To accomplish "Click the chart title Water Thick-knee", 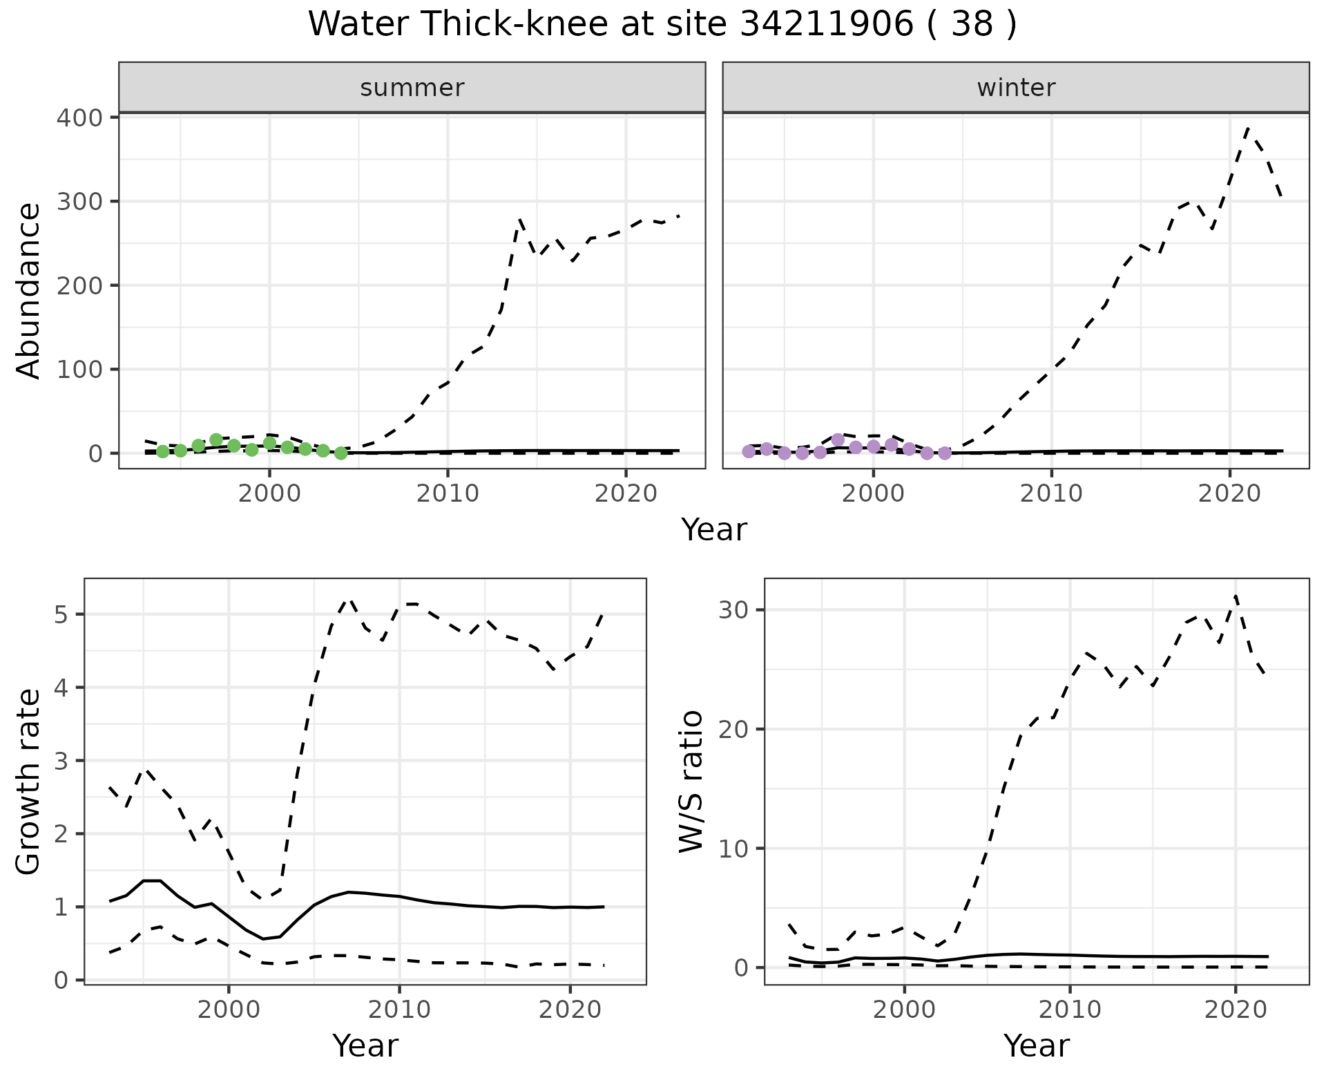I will coord(662,25).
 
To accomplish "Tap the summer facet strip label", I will coord(412,88).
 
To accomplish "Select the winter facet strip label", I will coord(1016,88).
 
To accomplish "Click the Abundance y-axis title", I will coord(29,291).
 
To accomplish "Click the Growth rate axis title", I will coord(29,782).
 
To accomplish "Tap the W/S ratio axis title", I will coord(691,782).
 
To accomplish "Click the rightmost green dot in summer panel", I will coord(340,453).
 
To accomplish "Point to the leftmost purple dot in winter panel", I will coord(749,451).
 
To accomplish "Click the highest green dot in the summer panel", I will coord(216,439).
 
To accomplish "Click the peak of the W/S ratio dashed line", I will coord(1236,596).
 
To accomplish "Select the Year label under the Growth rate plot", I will coord(365,1046).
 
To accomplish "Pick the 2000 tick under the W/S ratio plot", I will coord(904,1010).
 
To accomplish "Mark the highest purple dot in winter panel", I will coord(838,439).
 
